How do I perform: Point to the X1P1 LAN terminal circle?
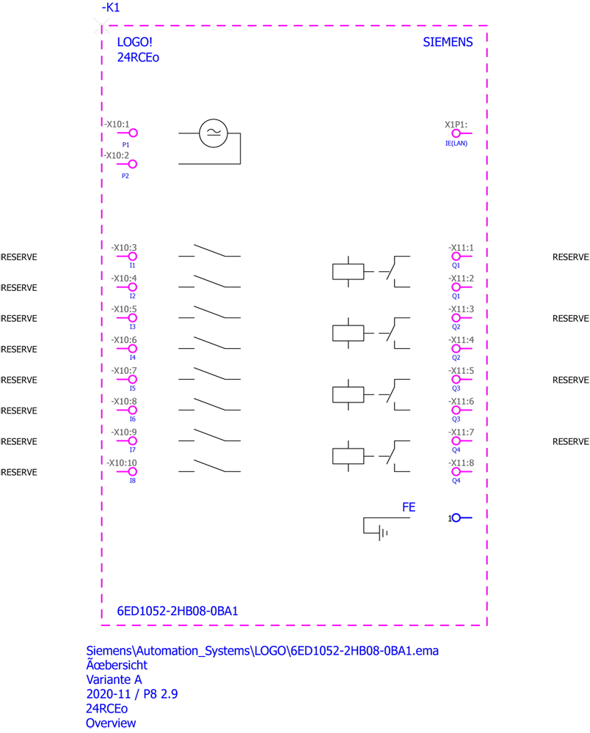[x=456, y=133]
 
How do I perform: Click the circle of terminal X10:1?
[x=133, y=133]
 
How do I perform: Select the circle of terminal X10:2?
[x=133, y=164]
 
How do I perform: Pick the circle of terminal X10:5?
[x=133, y=318]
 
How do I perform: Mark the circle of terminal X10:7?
[x=133, y=380]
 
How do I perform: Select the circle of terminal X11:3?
[x=456, y=318]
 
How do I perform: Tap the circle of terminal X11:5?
[x=456, y=380]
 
